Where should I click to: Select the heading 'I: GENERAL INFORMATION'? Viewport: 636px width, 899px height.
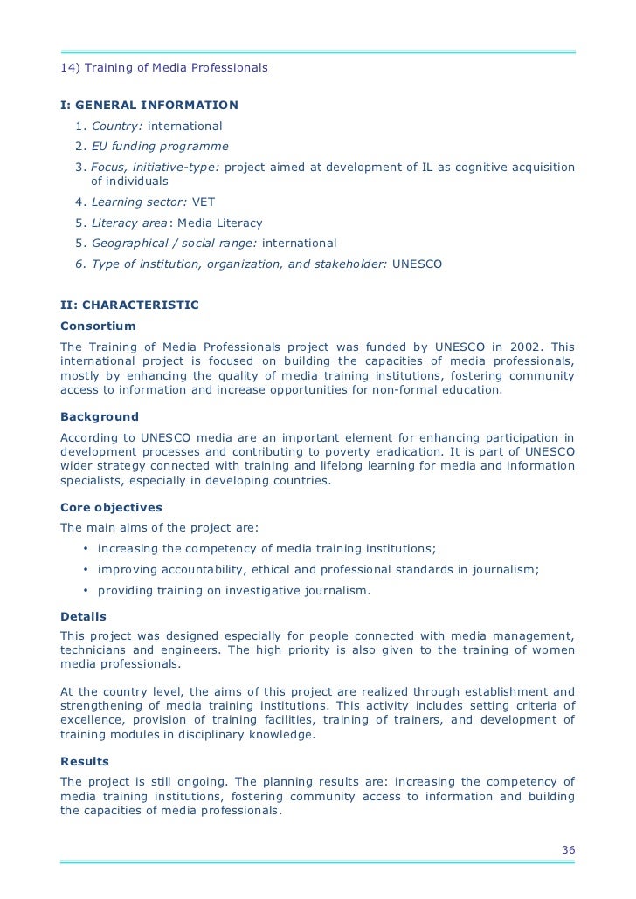(x=149, y=106)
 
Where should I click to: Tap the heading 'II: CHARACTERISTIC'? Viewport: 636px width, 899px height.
(x=129, y=305)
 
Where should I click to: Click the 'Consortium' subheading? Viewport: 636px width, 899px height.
(x=98, y=326)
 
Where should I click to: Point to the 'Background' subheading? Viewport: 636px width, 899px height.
(x=100, y=416)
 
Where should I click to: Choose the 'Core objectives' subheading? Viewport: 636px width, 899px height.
(x=111, y=507)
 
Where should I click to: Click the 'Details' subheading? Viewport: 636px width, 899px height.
(x=83, y=615)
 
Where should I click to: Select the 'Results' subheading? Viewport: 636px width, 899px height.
(x=85, y=761)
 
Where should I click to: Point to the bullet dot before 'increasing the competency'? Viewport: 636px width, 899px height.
(x=86, y=549)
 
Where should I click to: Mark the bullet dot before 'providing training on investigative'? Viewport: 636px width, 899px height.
(x=86, y=591)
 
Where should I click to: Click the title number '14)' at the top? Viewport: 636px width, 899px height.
(x=70, y=67)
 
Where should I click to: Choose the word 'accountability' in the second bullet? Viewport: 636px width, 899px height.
(x=197, y=570)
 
